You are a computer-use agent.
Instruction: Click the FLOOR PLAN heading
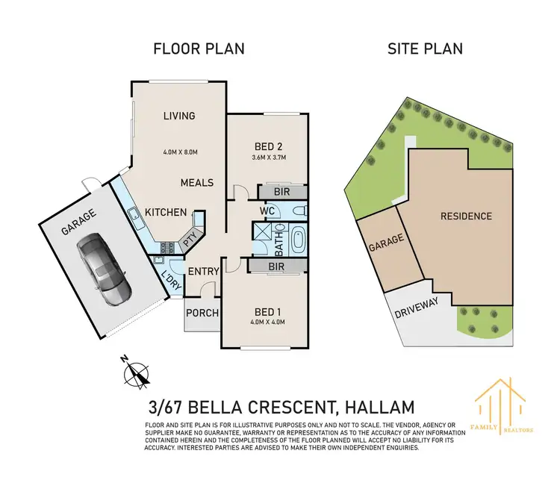(x=199, y=49)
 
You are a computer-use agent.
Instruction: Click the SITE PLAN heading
(x=424, y=49)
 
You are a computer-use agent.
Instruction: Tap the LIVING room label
(x=179, y=116)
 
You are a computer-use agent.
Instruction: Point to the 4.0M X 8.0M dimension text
(x=179, y=152)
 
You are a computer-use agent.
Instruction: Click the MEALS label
(x=197, y=182)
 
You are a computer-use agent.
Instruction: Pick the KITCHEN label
(x=166, y=213)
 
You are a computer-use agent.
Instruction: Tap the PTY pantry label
(x=190, y=240)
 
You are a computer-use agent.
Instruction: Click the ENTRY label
(x=202, y=271)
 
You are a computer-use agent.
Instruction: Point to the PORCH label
(x=201, y=312)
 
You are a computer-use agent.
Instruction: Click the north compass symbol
(x=136, y=371)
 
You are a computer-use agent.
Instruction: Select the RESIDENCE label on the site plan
(x=466, y=216)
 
